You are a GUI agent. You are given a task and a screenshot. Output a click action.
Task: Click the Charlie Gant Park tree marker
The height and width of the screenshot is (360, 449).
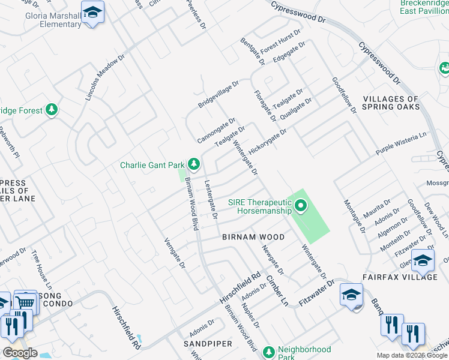tap(193, 163)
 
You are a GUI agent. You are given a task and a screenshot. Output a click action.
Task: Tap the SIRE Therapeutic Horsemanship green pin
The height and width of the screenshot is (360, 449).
tap(300, 208)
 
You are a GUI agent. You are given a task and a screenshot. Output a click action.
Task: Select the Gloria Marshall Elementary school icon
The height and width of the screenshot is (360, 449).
tap(92, 13)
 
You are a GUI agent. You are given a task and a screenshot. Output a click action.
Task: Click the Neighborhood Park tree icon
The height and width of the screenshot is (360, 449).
tap(269, 350)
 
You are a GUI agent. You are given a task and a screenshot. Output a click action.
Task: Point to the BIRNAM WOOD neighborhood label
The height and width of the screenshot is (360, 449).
tap(253, 237)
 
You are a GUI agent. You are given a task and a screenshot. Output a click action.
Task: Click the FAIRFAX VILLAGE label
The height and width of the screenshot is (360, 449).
tap(400, 277)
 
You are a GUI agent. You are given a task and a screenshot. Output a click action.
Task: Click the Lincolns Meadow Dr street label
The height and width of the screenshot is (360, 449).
tap(104, 79)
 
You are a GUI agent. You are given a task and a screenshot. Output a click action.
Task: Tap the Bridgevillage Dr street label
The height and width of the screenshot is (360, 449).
tap(218, 95)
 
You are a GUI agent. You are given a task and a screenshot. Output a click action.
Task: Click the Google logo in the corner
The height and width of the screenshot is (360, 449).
tap(20, 353)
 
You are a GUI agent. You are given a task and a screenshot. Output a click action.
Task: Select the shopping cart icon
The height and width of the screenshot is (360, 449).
tap(25, 302)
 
